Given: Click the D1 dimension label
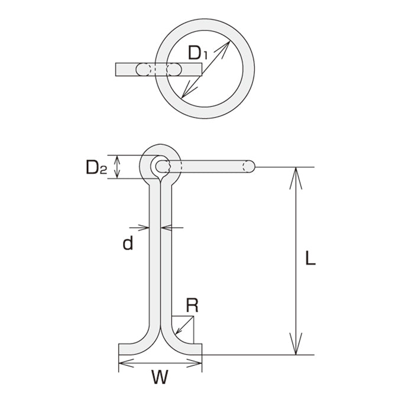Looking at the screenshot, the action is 197,53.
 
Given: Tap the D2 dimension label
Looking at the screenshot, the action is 96,167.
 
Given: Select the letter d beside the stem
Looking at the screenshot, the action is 128,243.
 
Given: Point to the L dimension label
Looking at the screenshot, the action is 310,258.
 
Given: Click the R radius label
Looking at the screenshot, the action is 192,305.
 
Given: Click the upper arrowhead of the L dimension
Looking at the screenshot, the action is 296,178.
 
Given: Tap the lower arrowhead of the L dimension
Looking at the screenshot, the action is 296,343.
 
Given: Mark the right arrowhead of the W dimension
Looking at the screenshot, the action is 194,363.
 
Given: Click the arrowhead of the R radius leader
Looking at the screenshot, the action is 178,331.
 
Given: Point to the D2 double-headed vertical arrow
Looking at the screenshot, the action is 117,167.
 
